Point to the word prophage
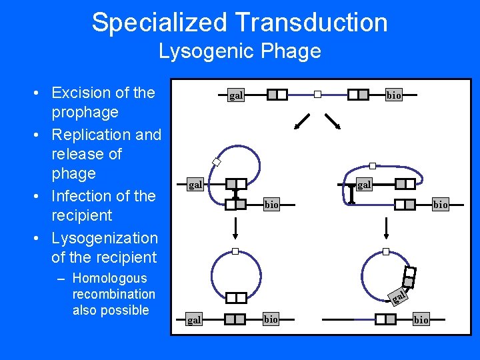pos(85,112)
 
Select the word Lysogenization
pos(105,238)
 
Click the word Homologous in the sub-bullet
pos(109,278)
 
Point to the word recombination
pos(113,294)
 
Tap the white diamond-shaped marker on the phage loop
pos(216,161)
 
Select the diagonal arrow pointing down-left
pos(303,121)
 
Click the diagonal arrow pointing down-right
pos(333,121)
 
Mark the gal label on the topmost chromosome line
pos(236,95)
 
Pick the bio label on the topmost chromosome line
pos(394,95)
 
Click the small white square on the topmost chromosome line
pos(318,95)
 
